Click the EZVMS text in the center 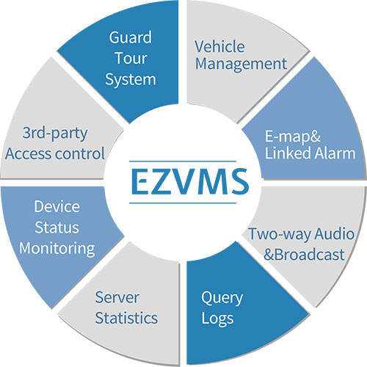point(190,182)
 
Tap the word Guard point(131,37)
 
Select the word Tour point(131,58)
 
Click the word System point(131,80)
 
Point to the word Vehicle point(219,46)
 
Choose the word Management point(241,65)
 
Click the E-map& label point(293,136)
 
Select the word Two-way point(280,234)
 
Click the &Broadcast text point(304,255)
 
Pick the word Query point(222,299)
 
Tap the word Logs point(217,319)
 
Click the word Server point(117,297)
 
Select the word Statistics point(126,318)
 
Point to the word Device point(57,206)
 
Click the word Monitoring point(57,249)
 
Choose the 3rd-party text point(55,134)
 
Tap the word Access point(29,154)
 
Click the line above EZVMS point(183,161)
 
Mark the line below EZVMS point(183,203)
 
